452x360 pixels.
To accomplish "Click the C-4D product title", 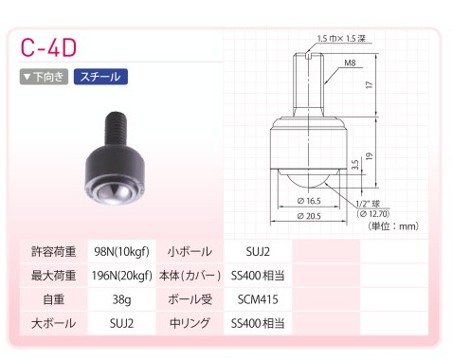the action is point(48,47).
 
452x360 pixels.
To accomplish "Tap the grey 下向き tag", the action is point(44,77).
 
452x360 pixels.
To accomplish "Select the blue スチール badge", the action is point(100,77).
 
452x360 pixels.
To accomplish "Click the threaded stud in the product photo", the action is point(116,129).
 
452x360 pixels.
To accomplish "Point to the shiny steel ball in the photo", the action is point(113,194).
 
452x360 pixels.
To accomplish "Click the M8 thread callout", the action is point(350,63).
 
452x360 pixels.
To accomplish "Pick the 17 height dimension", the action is point(369,84).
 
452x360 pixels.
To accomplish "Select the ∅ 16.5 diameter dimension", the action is point(309,201).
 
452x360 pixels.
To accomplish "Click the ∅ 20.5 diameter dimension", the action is point(309,216).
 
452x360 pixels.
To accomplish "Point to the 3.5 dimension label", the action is point(354,165).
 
